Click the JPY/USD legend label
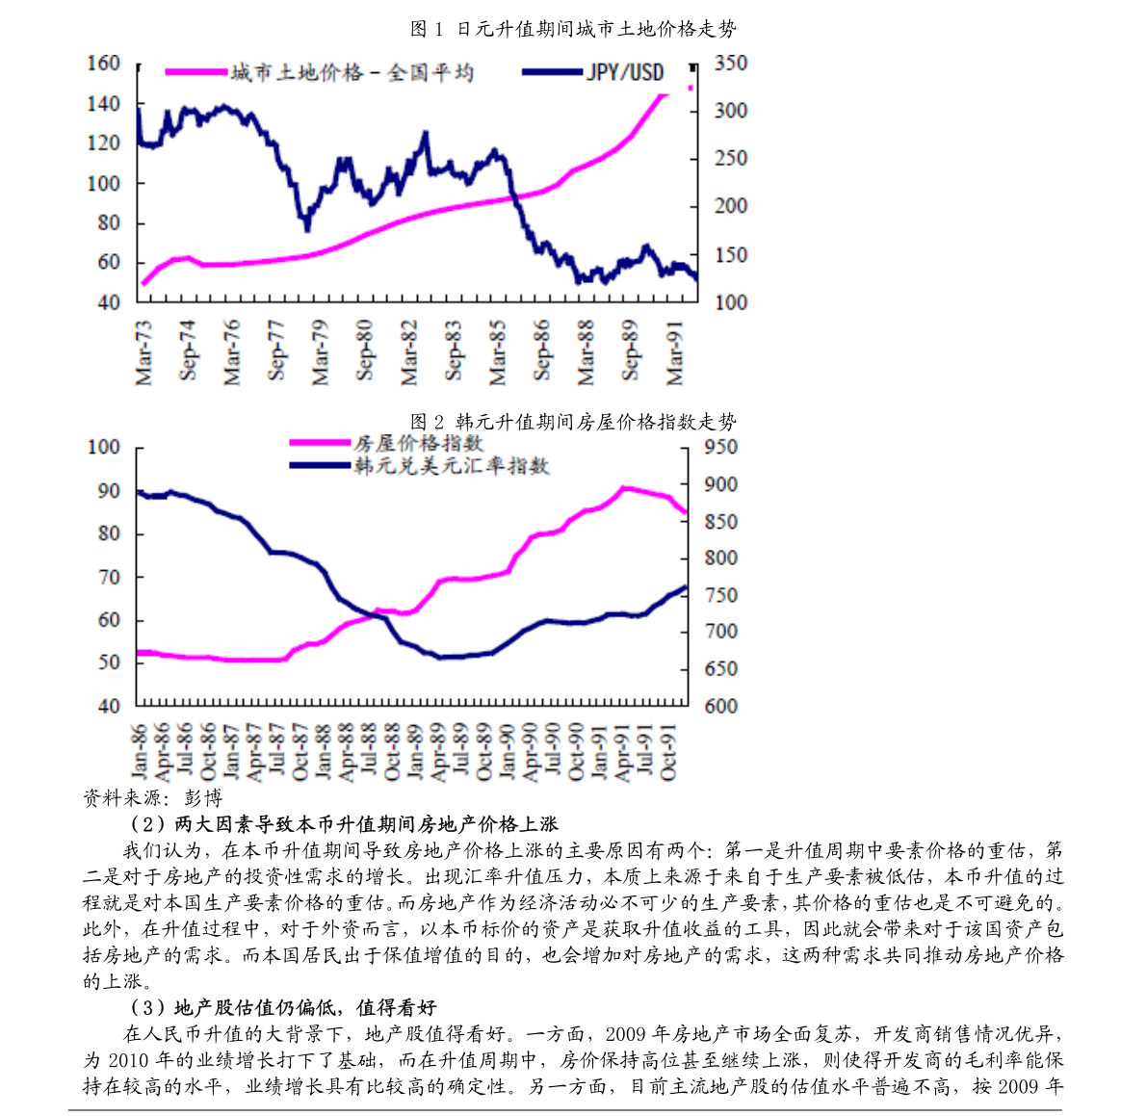pos(625,72)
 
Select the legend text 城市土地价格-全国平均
pos(352,72)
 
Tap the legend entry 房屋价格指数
pos(418,443)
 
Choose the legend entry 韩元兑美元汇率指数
pos(452,466)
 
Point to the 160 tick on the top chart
pos(103,64)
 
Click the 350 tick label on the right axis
pos(731,64)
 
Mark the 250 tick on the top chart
pos(731,159)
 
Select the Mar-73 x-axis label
pos(143,351)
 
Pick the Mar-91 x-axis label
pos(675,351)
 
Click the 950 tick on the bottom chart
pos(720,447)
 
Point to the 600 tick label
pos(720,706)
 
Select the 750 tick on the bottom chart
pos(720,595)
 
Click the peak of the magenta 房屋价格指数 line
pos(624,488)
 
